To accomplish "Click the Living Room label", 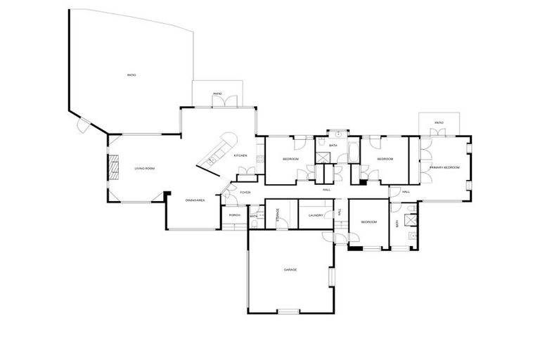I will pyautogui.click(x=145, y=168).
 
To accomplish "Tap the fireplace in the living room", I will pyautogui.click(x=111, y=167).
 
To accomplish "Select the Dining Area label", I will pyautogui.click(x=195, y=200).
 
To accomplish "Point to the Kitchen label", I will pyautogui.click(x=240, y=155).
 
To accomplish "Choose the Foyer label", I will pyautogui.click(x=245, y=192).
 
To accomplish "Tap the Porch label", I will pyautogui.click(x=235, y=215).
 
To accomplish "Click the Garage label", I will pyautogui.click(x=290, y=270).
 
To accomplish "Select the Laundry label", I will pyautogui.click(x=315, y=215).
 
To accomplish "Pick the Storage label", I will pyautogui.click(x=278, y=215).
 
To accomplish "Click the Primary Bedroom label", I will pyautogui.click(x=444, y=167).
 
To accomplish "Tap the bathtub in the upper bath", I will pyautogui.click(x=352, y=152).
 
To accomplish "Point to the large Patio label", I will pyautogui.click(x=131, y=75).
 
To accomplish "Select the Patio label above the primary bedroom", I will pyautogui.click(x=439, y=123).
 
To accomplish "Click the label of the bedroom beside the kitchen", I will pyautogui.click(x=290, y=159).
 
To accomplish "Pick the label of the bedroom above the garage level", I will pyautogui.click(x=369, y=222).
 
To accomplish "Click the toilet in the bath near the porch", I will pyautogui.click(x=253, y=210).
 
